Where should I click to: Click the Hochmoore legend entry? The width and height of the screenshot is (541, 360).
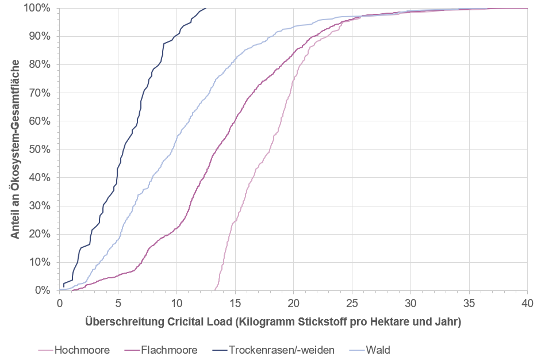coord(81,350)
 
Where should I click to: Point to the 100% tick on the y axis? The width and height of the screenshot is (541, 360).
coord(38,9)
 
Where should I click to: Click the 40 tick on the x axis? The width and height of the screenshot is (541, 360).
coord(527,302)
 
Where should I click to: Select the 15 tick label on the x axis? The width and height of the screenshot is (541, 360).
coord(235,302)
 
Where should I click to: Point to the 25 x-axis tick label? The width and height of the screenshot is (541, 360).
coord(352,302)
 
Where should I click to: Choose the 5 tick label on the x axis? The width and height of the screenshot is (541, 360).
coord(118,302)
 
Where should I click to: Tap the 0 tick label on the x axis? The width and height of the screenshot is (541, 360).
coord(60,302)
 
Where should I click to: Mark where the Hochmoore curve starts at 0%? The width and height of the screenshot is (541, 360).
coord(214,290)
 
